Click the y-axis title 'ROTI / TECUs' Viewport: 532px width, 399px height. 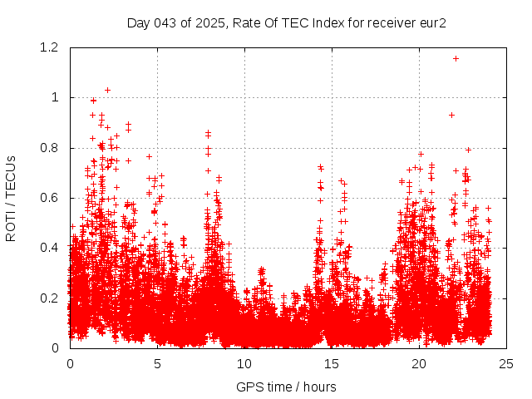11,198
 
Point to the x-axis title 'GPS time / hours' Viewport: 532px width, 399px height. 286,387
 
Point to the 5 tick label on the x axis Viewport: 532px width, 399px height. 157,363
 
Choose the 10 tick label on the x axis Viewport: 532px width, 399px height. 244,363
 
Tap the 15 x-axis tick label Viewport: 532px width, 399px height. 332,363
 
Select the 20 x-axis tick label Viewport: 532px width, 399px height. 419,363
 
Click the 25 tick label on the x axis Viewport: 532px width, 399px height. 506,363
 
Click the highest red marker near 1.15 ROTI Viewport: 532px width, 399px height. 456,58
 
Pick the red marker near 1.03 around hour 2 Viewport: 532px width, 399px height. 107,90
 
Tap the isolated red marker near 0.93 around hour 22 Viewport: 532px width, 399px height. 451,115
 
